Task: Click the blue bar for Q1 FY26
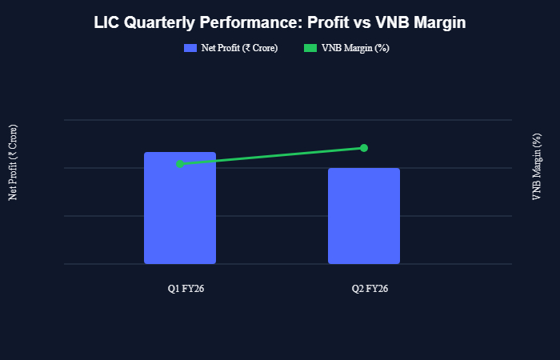point(180,208)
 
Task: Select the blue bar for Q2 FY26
point(364,216)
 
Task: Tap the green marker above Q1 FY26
point(180,164)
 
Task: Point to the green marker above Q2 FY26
point(364,148)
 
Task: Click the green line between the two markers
point(272,156)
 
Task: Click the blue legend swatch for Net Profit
point(190,49)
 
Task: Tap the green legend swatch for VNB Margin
point(310,49)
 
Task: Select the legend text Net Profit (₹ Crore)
point(239,49)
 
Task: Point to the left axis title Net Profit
point(13,162)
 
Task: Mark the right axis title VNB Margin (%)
point(537,166)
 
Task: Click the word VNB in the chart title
point(392,24)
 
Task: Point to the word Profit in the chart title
point(329,24)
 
